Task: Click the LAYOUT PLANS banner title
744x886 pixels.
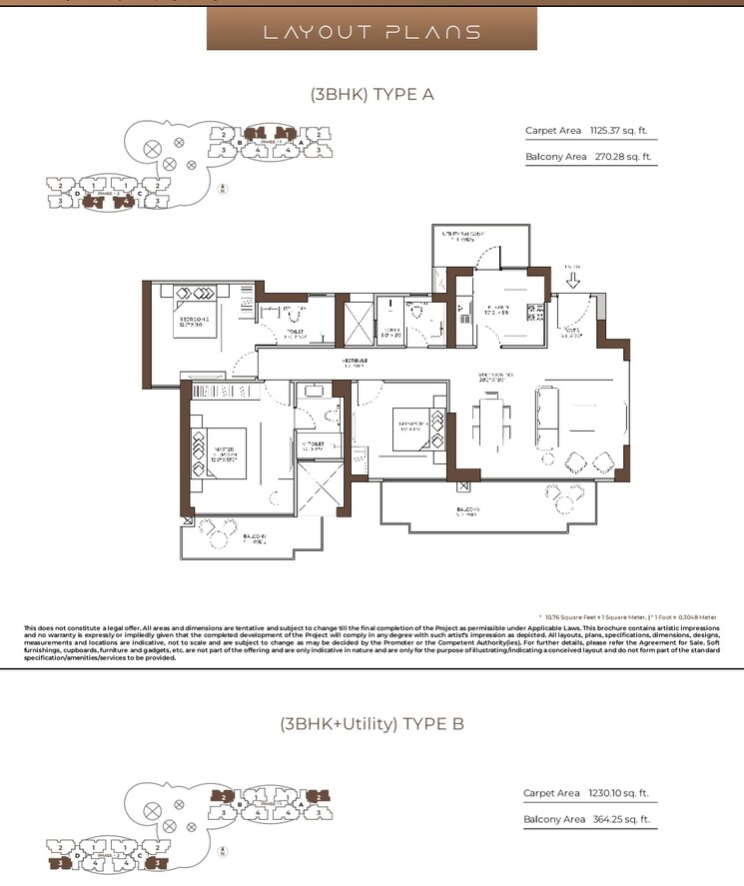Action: click(x=372, y=32)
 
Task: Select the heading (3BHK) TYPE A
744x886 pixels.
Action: click(x=372, y=95)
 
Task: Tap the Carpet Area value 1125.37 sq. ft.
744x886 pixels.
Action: click(x=620, y=131)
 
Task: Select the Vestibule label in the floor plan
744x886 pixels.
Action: click(x=357, y=362)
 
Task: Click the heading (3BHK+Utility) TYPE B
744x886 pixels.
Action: click(x=372, y=724)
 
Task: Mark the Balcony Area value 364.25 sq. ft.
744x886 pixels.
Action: click(x=620, y=819)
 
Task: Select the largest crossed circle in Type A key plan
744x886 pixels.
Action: click(x=152, y=149)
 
